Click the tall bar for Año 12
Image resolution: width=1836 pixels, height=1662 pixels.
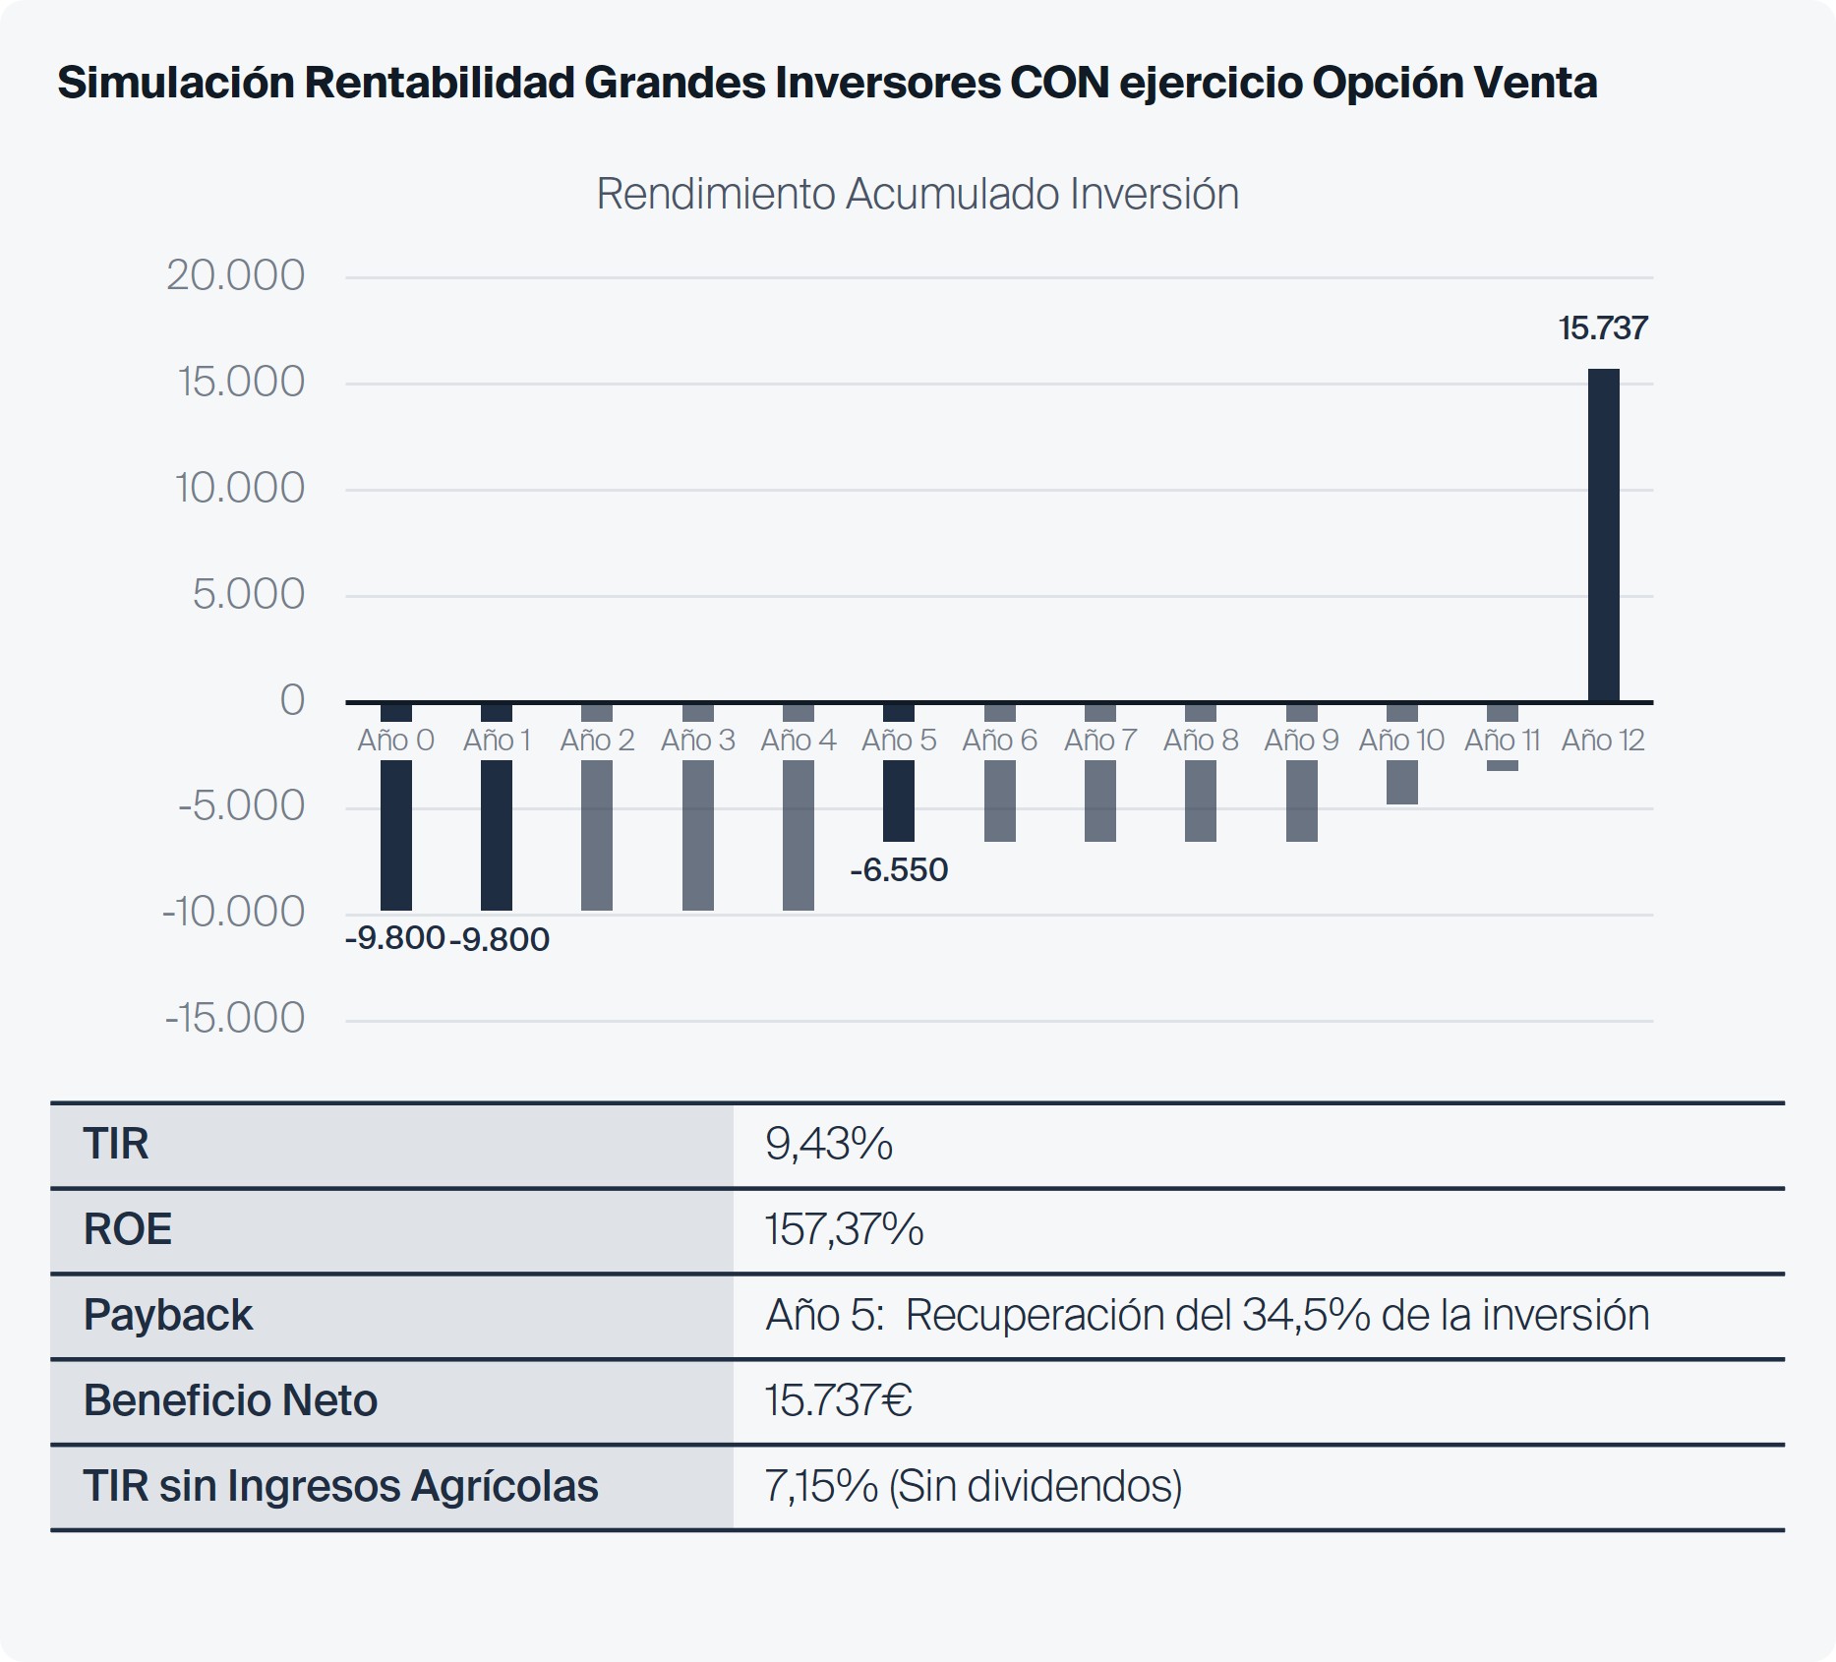[x=1603, y=536]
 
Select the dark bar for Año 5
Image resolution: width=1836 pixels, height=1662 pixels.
[x=898, y=800]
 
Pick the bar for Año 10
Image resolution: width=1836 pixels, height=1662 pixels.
[x=1401, y=782]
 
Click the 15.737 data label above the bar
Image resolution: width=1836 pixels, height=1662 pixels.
[x=1602, y=328]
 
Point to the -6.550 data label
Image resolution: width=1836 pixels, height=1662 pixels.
[x=898, y=870]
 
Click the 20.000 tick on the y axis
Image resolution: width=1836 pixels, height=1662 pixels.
[x=235, y=275]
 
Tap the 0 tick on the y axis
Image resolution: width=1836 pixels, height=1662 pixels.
[x=291, y=700]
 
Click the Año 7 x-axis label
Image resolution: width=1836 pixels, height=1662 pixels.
[x=1099, y=740]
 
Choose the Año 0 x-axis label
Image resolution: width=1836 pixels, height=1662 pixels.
[x=395, y=740]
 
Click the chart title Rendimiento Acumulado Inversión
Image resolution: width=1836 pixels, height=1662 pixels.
[x=917, y=194]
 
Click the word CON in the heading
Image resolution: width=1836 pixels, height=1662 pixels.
[x=1058, y=83]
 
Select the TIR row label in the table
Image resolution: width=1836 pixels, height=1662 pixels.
[x=116, y=1144]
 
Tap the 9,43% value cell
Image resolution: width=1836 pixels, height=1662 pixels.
[x=828, y=1144]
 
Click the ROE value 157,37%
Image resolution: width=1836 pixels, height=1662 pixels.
[x=844, y=1229]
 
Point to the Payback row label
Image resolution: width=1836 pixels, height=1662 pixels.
[x=167, y=1315]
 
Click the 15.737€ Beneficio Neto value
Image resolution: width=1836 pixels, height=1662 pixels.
[x=838, y=1400]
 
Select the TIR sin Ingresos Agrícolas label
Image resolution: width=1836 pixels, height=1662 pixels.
[x=340, y=1486]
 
